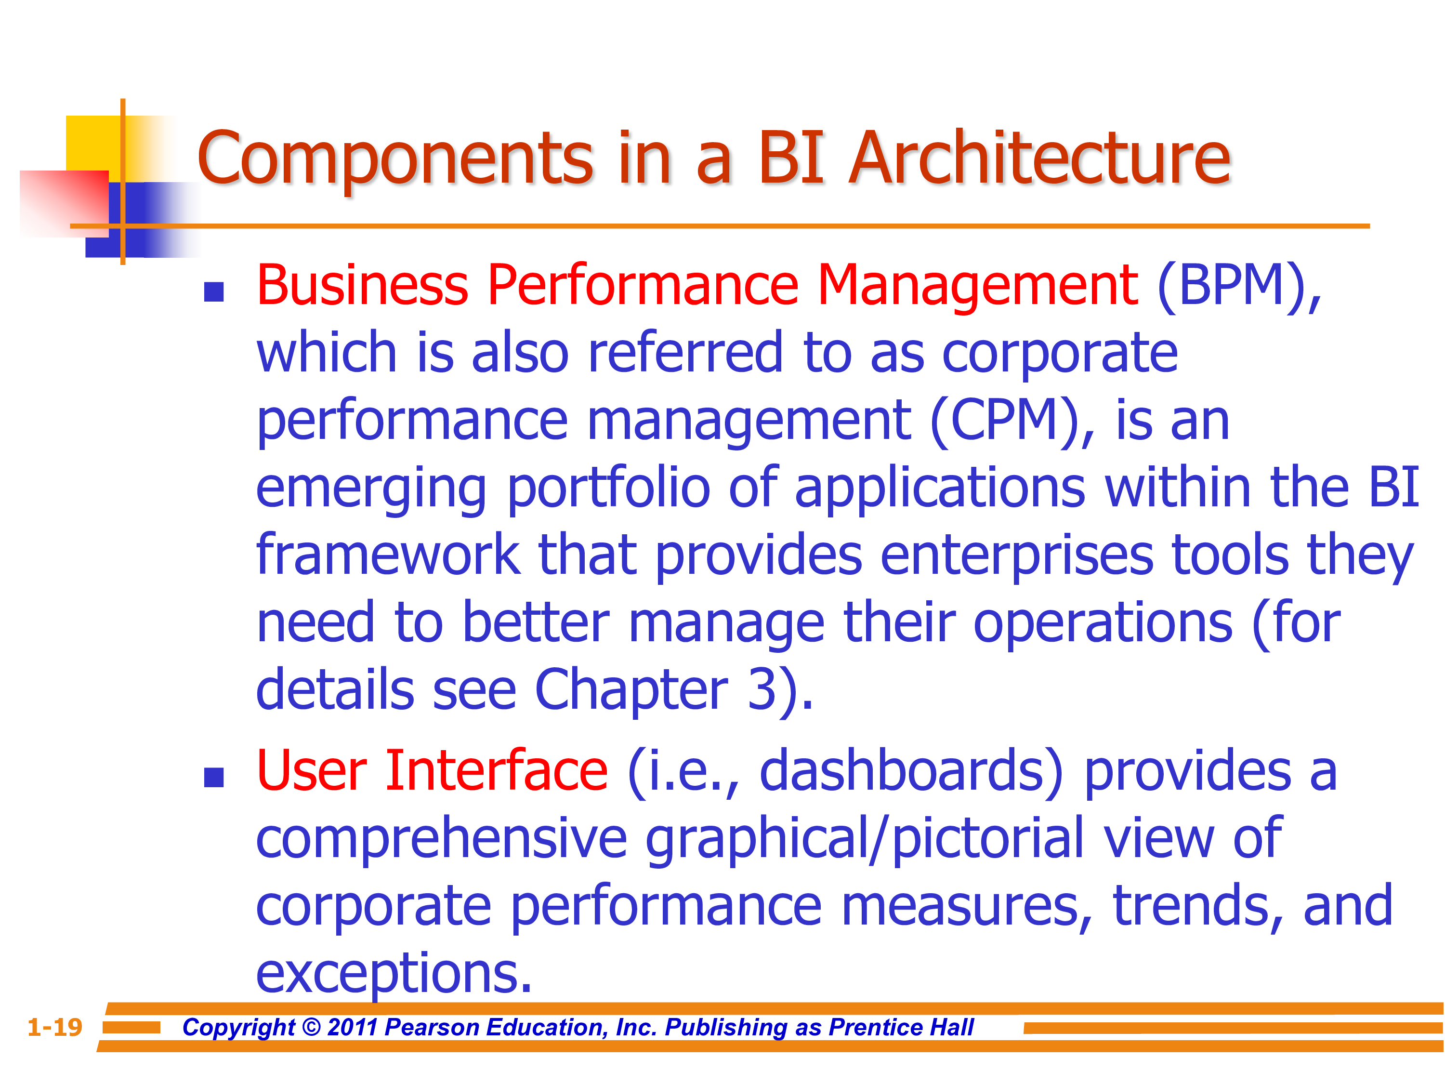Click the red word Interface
(x=497, y=771)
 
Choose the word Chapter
(x=631, y=691)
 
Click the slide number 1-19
(x=55, y=1027)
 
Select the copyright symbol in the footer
(x=312, y=1028)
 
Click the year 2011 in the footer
(x=353, y=1028)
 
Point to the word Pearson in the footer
(x=432, y=1028)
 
